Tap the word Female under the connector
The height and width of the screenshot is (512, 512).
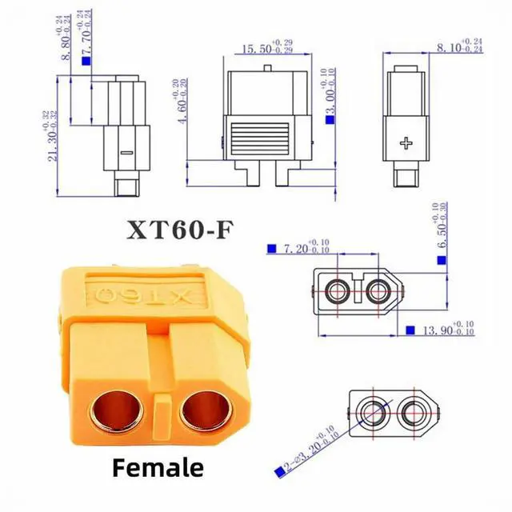pos(158,466)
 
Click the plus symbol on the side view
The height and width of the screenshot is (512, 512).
pos(407,144)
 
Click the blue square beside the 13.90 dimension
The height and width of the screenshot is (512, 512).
pos(410,330)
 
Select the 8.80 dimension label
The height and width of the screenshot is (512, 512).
pos(65,36)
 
